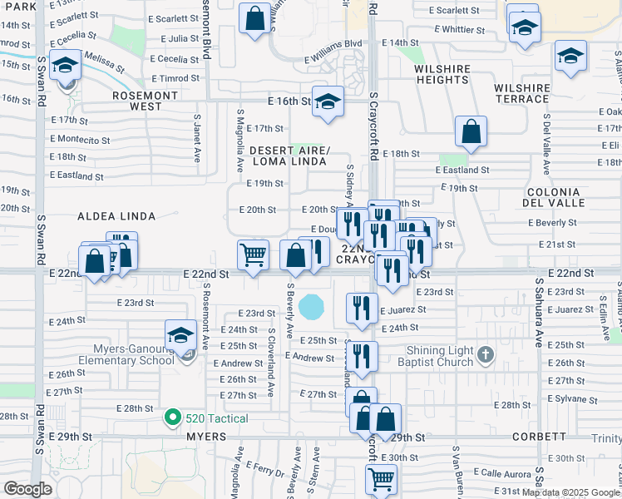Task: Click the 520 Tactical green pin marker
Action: tap(173, 417)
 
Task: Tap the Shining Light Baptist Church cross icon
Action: tap(486, 355)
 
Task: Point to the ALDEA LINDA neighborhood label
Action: tap(116, 216)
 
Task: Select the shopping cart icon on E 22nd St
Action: tap(253, 254)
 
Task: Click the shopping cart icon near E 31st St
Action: tap(380, 478)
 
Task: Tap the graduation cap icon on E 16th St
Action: tap(328, 101)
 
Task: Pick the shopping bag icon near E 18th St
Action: tap(471, 131)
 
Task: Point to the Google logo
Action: tap(28, 488)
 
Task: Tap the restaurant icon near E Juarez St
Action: tap(362, 307)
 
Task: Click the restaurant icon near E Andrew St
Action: tap(362, 355)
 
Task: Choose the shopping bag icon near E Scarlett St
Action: tap(254, 17)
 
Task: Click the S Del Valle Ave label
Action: tap(545, 149)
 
